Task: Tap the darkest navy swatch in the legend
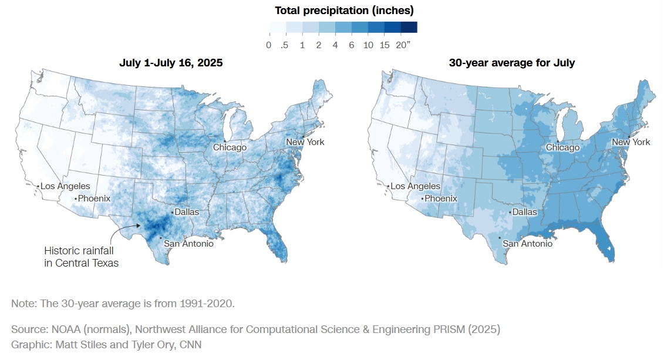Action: pyautogui.click(x=409, y=27)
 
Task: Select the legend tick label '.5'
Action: pyautogui.click(x=285, y=45)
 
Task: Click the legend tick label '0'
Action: pyautogui.click(x=268, y=45)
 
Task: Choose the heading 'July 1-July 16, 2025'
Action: pyautogui.click(x=171, y=62)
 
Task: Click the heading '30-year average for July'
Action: pyautogui.click(x=511, y=62)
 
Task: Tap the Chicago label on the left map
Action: pyautogui.click(x=230, y=147)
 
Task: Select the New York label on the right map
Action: pyautogui.click(x=631, y=142)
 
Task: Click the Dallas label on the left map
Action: pyautogui.click(x=187, y=212)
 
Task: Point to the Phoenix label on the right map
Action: pyautogui.click(x=441, y=198)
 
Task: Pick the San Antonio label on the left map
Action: pyautogui.click(x=188, y=243)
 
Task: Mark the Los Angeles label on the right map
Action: pyautogui.click(x=415, y=186)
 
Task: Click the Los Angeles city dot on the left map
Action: pyautogui.click(x=38, y=187)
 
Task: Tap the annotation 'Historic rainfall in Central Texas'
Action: pyautogui.click(x=81, y=257)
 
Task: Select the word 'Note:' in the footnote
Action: pyautogui.click(x=23, y=304)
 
